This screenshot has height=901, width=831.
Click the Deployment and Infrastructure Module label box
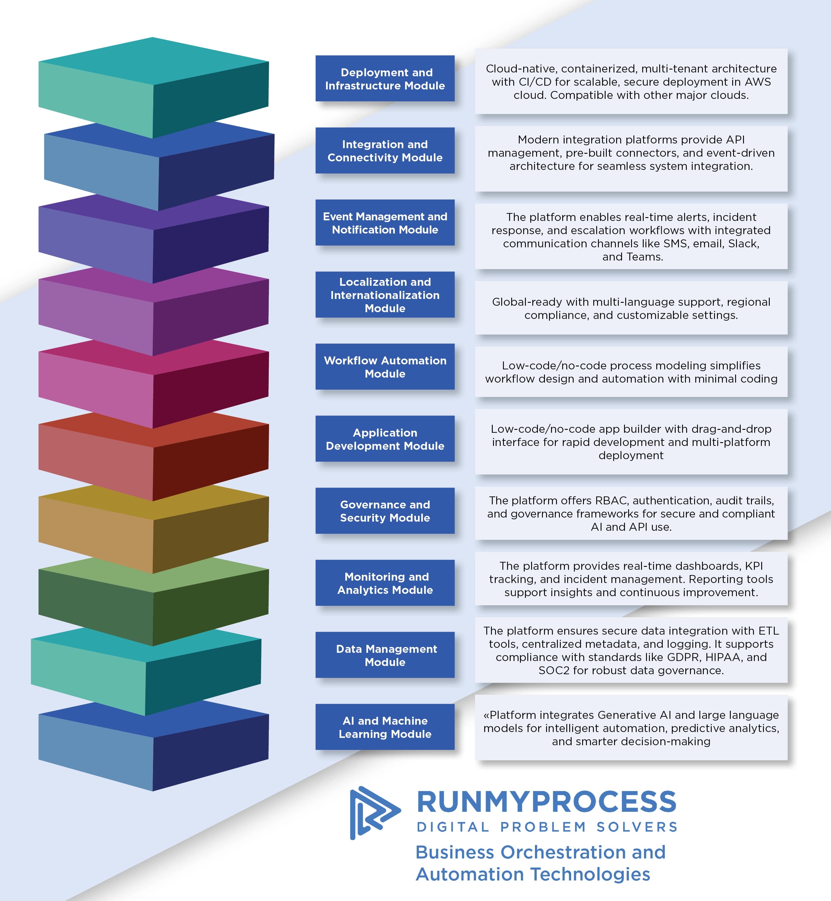coord(385,79)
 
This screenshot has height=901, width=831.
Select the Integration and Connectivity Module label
coord(385,151)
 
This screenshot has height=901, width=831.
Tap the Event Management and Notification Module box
coord(385,223)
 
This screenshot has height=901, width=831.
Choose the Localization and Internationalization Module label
coord(385,295)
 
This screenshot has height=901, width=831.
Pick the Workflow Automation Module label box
coord(385,367)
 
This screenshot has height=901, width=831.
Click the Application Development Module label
coord(385,439)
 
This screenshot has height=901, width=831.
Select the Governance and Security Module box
coord(385,511)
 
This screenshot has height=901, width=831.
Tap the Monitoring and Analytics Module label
coord(385,583)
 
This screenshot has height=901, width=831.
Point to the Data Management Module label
coord(385,655)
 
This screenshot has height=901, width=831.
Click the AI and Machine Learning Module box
coord(385,727)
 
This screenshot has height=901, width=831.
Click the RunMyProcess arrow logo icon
coord(373,812)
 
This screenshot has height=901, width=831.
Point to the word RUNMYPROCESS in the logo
coord(546,802)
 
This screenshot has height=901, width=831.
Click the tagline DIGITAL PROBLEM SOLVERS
coord(546,827)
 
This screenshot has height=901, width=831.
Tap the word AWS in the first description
coord(758,82)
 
